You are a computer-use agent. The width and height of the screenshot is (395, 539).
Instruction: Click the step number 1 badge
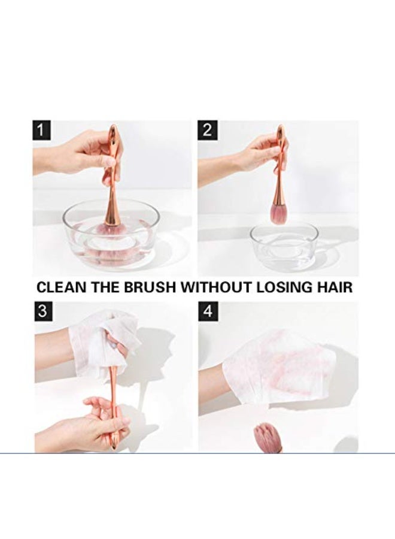point(41,131)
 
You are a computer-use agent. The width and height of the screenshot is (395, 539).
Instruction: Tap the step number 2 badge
point(207,130)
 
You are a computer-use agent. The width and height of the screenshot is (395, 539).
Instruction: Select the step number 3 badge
point(44,311)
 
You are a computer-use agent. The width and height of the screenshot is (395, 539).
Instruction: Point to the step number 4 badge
point(208,312)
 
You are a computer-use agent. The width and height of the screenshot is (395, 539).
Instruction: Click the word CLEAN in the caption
point(62,287)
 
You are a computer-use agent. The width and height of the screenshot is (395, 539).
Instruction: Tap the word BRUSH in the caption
point(150,287)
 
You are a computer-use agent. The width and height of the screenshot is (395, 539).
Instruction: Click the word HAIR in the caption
point(335,287)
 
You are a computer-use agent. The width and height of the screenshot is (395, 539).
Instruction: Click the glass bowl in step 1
point(111,237)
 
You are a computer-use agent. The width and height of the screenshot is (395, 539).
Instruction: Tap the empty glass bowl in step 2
point(284,246)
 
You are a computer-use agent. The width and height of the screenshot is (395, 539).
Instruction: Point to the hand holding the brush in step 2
point(241,162)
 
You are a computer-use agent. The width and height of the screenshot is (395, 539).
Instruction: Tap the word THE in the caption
point(105,287)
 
